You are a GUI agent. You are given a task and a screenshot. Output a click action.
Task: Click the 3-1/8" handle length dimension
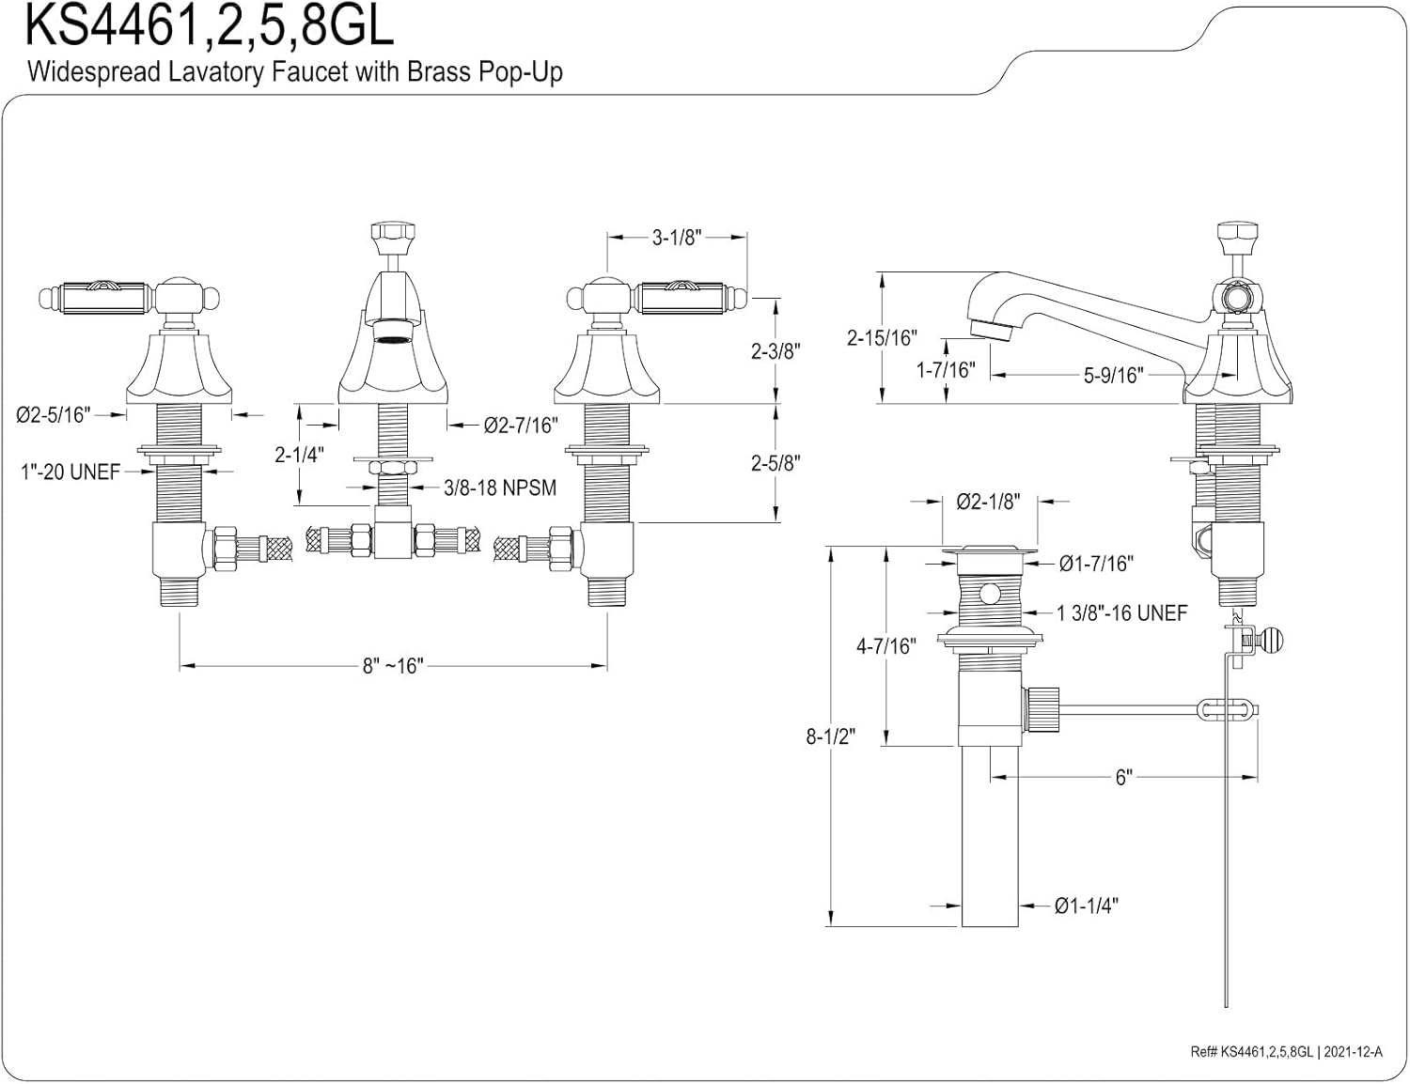677,238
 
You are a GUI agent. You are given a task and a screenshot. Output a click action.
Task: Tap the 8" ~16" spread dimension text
393,666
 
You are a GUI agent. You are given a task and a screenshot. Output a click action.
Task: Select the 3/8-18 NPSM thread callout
500,488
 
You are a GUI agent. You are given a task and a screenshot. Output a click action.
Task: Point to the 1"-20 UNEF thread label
70,472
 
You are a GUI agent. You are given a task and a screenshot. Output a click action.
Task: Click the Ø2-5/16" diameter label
54,415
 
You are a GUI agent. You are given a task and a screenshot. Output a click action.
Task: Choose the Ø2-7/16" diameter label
521,426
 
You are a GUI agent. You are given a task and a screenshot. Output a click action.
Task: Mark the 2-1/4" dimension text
299,456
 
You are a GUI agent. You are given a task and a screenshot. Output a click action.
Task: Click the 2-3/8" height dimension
775,351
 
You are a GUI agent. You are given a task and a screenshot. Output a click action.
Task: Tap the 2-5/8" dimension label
775,463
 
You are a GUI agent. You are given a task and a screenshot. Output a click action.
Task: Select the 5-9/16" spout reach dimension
1114,376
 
